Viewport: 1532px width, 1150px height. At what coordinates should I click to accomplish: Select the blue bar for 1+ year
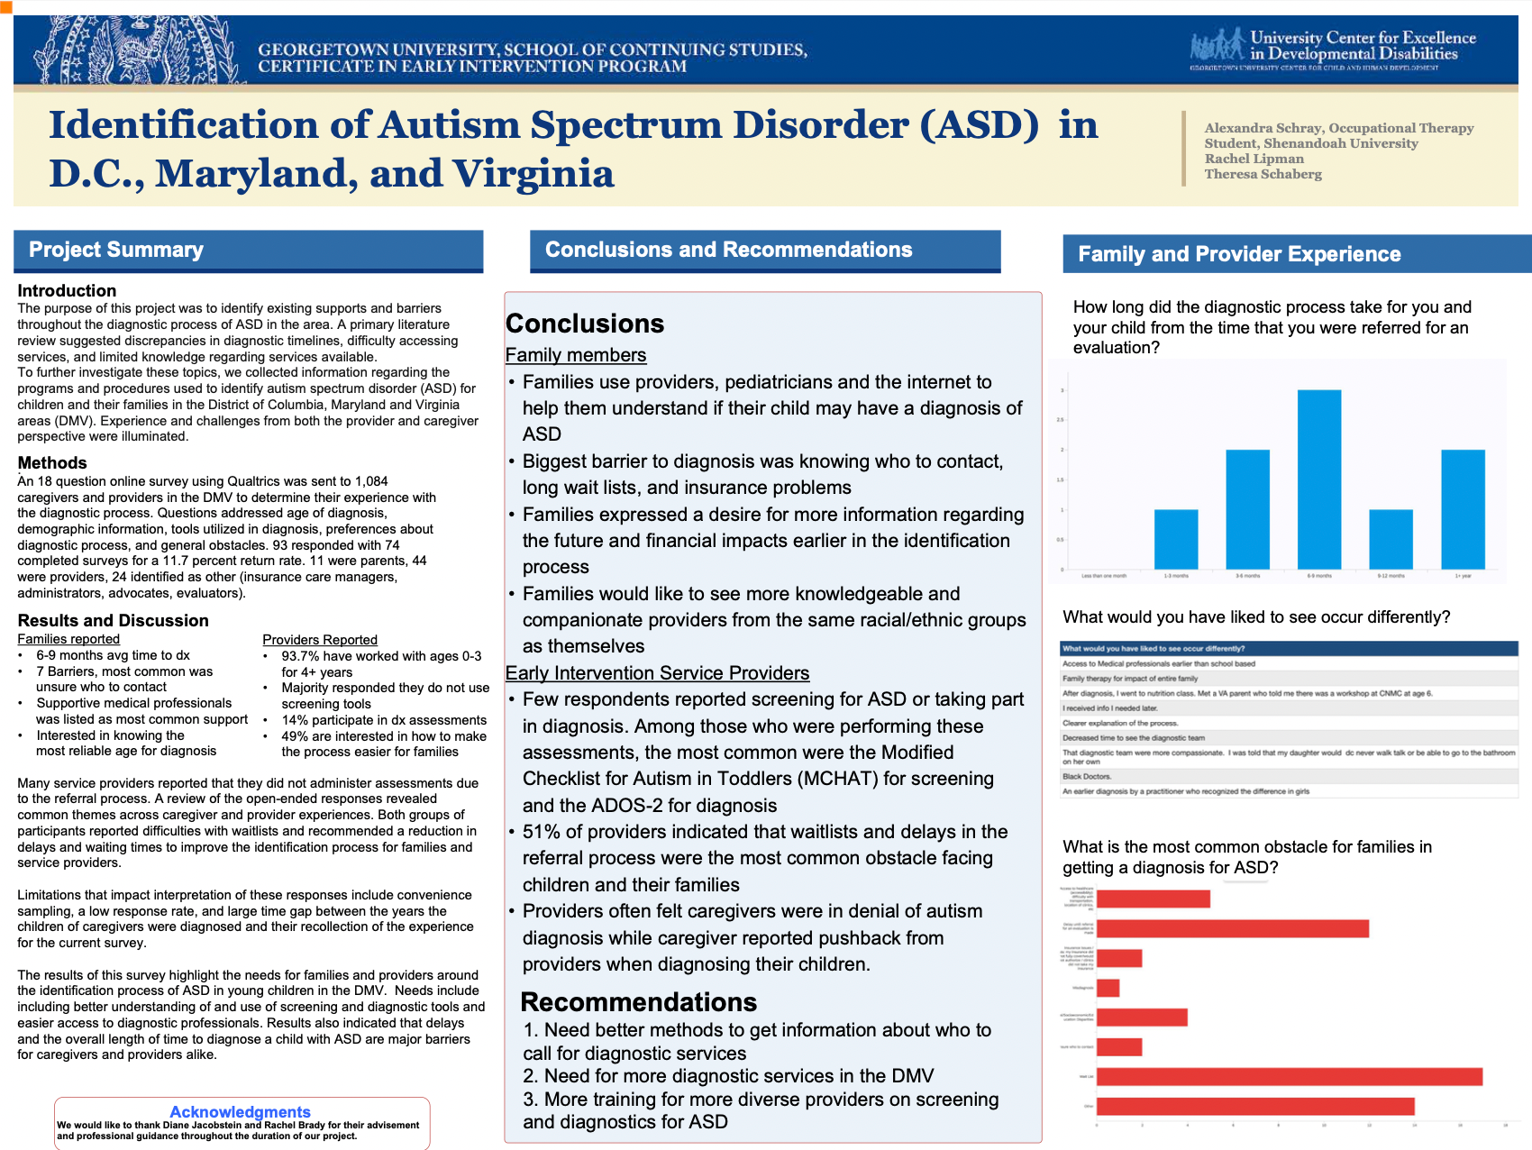coord(1463,509)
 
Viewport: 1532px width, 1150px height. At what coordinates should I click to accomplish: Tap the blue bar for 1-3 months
coord(1176,539)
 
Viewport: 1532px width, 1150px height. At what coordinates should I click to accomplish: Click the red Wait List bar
coord(1289,1076)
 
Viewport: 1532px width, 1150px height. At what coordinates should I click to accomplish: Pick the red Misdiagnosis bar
coord(1108,988)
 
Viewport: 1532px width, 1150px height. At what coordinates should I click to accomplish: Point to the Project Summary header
coord(116,250)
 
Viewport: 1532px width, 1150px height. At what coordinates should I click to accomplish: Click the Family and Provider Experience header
coord(1239,254)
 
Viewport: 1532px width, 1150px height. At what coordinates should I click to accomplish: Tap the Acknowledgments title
coord(240,1112)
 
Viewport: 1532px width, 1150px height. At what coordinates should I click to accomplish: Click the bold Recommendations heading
coord(638,1002)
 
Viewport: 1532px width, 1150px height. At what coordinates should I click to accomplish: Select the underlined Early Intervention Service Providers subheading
coord(657,673)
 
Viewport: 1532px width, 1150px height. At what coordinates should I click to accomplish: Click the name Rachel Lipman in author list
coord(1254,159)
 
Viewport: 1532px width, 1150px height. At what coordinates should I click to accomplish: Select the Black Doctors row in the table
coord(1087,776)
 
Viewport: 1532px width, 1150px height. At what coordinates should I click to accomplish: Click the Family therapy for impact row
coord(1130,679)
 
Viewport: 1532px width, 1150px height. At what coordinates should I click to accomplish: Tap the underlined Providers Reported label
coord(320,640)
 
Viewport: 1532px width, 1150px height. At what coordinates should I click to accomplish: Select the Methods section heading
coord(52,462)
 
